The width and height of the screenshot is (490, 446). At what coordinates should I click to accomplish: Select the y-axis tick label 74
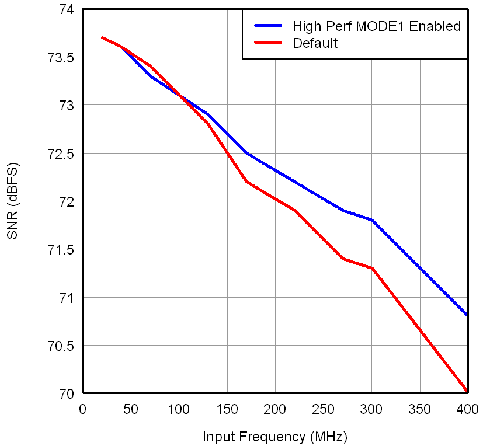(x=66, y=10)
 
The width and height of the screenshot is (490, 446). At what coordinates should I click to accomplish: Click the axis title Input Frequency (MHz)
(x=274, y=437)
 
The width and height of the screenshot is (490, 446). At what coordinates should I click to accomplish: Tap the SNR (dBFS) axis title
(x=13, y=201)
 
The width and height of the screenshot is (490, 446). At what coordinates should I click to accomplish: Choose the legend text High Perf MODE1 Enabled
(x=377, y=26)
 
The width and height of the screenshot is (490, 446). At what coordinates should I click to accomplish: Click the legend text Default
(x=315, y=43)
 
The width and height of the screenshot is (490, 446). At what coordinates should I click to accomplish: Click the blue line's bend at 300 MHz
(x=371, y=220)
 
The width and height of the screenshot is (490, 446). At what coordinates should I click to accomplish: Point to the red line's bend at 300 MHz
(x=371, y=269)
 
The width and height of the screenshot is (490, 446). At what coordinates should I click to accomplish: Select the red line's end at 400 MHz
(x=467, y=392)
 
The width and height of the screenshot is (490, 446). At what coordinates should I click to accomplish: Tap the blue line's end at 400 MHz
(x=467, y=316)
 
